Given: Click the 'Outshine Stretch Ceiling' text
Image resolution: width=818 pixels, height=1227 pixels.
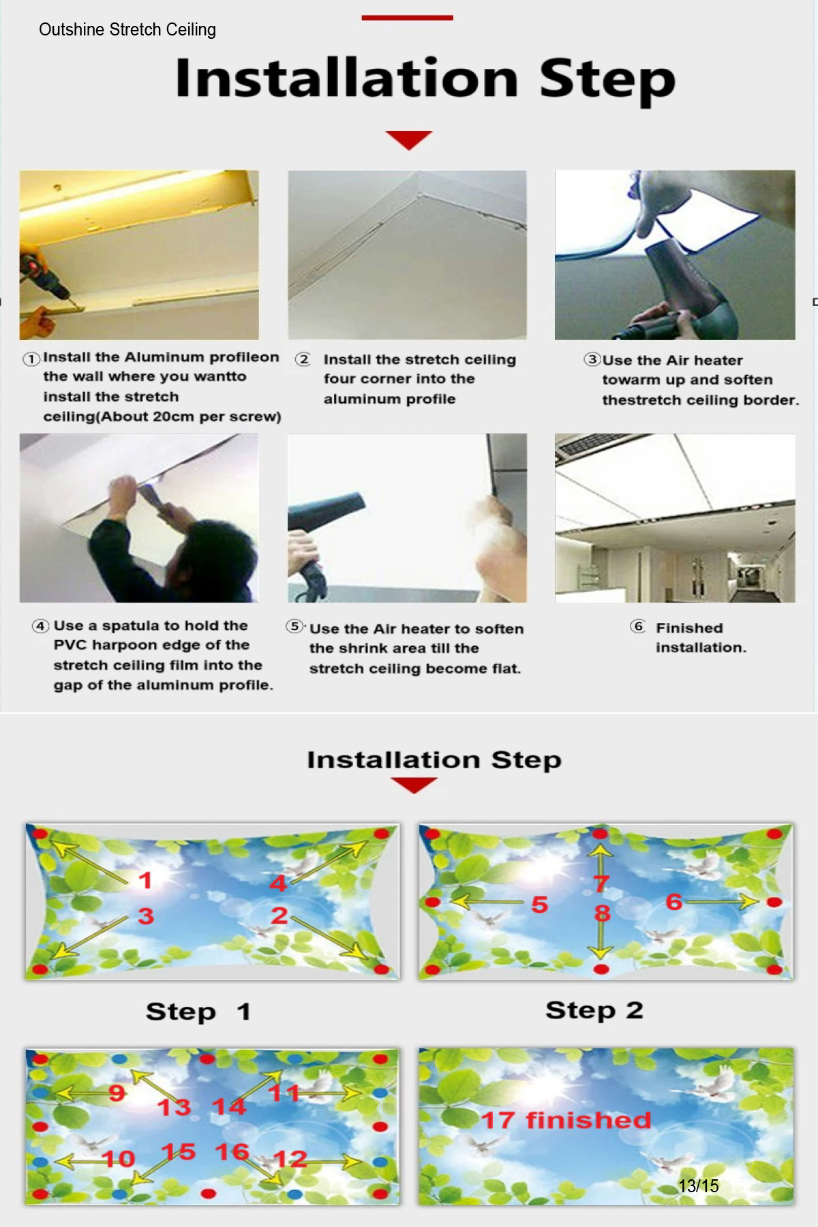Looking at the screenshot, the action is coord(127,30).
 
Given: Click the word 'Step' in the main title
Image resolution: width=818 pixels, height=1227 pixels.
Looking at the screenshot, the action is coord(607,80).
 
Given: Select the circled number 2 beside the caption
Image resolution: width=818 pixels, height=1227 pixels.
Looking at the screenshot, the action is coord(303,359).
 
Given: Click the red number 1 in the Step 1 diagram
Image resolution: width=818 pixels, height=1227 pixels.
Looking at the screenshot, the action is coord(145,880).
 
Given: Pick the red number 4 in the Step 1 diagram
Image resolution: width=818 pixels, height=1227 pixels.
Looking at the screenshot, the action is coord(278,883).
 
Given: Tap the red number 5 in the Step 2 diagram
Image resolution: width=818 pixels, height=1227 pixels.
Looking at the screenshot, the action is coord(540,905).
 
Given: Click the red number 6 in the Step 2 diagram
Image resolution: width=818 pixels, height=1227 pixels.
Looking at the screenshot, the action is coord(674,902).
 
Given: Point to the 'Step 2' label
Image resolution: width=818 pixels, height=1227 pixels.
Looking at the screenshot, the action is coord(594,1010).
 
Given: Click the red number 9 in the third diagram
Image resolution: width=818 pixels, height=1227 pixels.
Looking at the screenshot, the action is coord(117,1093).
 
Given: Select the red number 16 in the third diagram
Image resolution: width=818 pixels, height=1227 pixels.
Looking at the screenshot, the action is coord(232,1152).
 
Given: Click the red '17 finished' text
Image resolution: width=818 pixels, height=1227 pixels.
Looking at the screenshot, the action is coord(566,1120).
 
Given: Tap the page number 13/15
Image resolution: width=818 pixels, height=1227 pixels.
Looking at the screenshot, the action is coord(699,1186).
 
